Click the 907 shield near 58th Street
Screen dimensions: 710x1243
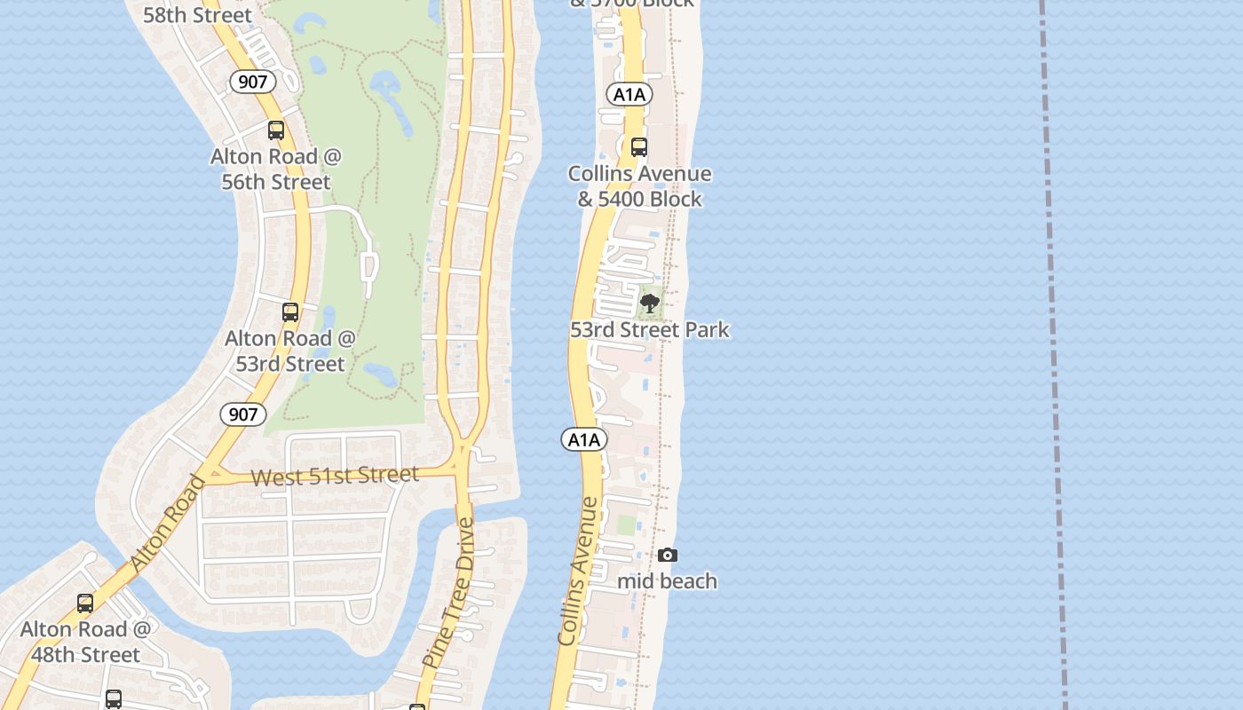pyautogui.click(x=253, y=82)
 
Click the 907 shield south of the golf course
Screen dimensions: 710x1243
pyautogui.click(x=242, y=414)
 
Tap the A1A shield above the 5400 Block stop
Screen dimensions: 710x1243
pyautogui.click(x=629, y=94)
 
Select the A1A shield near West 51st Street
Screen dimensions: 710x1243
pyautogui.click(x=583, y=439)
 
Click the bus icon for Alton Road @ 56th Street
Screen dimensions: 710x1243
pyautogui.click(x=276, y=130)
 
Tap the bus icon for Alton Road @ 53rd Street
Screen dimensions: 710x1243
pyautogui.click(x=290, y=312)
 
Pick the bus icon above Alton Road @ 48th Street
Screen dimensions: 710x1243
pyautogui.click(x=85, y=603)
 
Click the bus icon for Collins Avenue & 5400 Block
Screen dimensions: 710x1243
pyautogui.click(x=639, y=147)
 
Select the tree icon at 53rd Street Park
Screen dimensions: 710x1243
pyautogui.click(x=650, y=304)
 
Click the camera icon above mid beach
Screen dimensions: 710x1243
pyautogui.click(x=667, y=556)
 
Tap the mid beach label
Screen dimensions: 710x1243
pyautogui.click(x=667, y=581)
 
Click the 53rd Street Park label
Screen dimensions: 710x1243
pyautogui.click(x=649, y=330)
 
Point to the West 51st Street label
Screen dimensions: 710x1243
pyautogui.click(x=335, y=477)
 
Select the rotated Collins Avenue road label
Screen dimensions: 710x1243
pyautogui.click(x=578, y=571)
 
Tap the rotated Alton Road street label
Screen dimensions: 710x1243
pyautogui.click(x=168, y=524)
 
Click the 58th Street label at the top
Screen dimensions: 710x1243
pyautogui.click(x=197, y=15)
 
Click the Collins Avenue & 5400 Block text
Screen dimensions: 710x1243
pyautogui.click(x=639, y=186)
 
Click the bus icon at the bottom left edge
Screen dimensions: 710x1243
pyautogui.click(x=114, y=699)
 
